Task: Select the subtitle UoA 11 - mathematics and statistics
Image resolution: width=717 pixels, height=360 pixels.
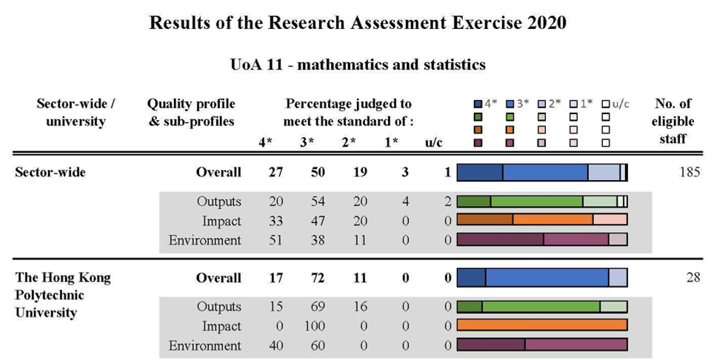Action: tap(358, 64)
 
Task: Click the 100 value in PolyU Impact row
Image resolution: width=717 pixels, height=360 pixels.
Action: tap(310, 326)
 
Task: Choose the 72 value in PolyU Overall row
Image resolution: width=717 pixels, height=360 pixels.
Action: tap(310, 279)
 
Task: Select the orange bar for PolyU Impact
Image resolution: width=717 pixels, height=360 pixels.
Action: tap(542, 326)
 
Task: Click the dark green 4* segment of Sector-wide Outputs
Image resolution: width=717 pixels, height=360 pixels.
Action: tap(474, 201)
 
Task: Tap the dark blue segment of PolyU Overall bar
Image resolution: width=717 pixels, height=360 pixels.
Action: tap(472, 278)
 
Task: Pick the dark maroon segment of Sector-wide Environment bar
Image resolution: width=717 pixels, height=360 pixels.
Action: tap(500, 239)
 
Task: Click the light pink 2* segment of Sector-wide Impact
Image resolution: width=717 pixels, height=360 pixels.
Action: tap(610, 220)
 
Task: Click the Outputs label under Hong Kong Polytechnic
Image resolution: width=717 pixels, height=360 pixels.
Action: tap(219, 307)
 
